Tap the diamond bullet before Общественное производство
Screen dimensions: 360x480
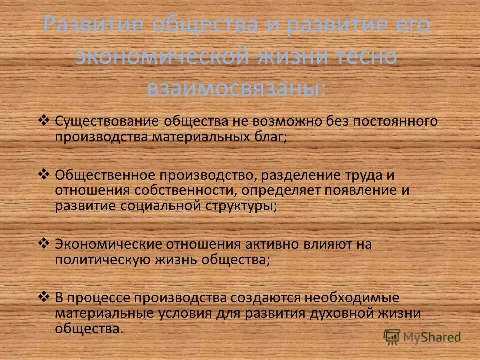tap(44, 173)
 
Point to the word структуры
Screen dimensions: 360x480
tap(245, 206)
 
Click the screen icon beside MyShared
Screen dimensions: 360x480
tap(393, 337)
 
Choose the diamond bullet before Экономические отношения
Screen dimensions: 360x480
tap(44, 244)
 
